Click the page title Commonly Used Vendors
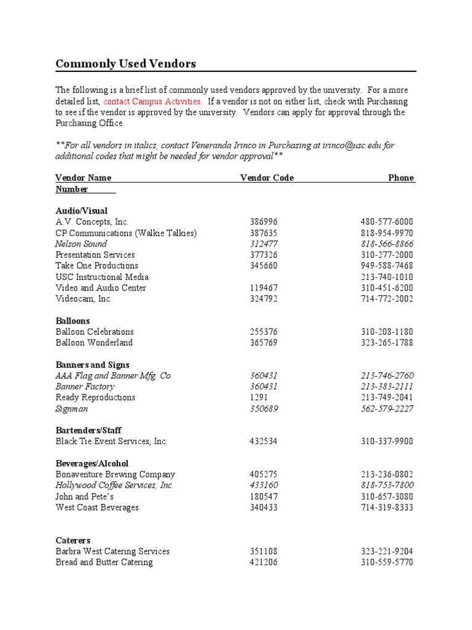coord(125,63)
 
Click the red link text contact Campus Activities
coord(152,101)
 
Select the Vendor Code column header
coord(267,178)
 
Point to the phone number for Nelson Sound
coord(387,244)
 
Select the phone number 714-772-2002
coord(387,299)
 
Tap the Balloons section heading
coord(73,321)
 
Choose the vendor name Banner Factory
coord(85,386)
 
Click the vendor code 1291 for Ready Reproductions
coord(259,397)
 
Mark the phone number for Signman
coord(387,409)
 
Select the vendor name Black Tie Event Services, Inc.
coord(111,441)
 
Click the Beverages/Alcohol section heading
coord(92,463)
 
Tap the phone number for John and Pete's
coord(387,496)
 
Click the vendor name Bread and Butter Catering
coord(104,562)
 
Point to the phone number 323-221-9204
coord(387,551)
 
